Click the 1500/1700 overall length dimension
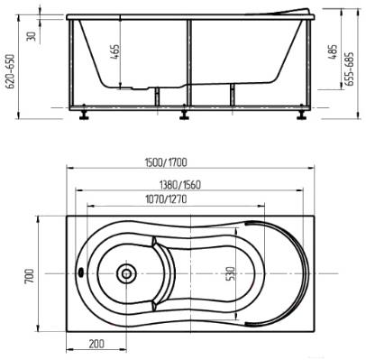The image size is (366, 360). [166, 162]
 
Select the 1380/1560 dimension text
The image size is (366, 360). [179, 185]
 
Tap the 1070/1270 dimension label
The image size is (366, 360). [166, 199]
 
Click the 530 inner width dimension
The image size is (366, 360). [232, 273]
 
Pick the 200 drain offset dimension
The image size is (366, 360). [96, 343]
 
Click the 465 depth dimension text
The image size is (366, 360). [115, 52]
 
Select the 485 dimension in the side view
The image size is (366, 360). [333, 51]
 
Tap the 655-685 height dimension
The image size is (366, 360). [350, 69]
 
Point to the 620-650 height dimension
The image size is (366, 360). [11, 71]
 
